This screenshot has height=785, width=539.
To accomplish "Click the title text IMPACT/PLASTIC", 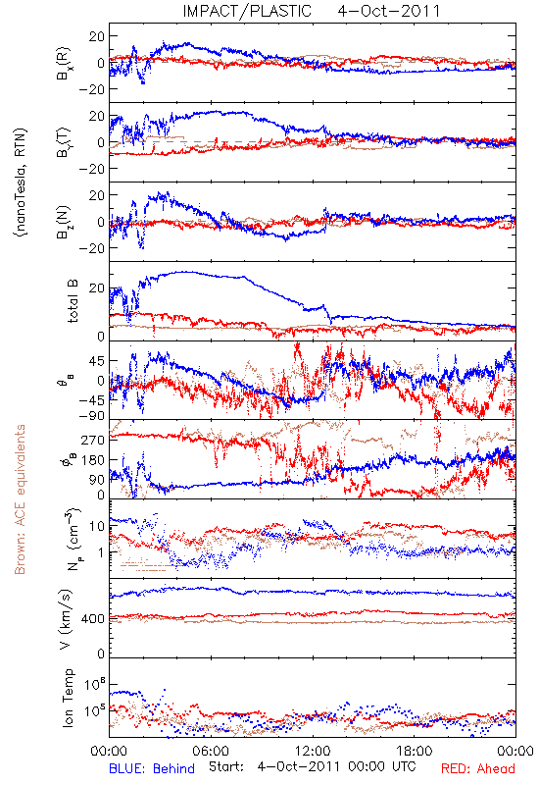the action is click(247, 11).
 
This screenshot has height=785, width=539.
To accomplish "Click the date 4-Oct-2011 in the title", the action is click(389, 11).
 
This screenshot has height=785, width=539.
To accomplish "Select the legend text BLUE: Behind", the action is click(152, 768).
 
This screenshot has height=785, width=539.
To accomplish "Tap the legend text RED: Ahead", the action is click(477, 768).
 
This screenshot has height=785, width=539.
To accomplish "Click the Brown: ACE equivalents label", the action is click(20, 499).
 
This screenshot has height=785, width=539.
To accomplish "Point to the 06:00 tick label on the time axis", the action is click(211, 751).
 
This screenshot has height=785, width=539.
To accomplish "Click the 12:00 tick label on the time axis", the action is click(313, 751).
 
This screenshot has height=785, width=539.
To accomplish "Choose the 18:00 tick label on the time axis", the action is click(415, 751).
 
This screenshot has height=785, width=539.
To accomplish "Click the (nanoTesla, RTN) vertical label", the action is click(21, 183).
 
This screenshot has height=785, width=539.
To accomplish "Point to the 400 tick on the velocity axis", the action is click(93, 619).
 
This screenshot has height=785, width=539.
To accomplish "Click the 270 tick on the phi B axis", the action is click(93, 440).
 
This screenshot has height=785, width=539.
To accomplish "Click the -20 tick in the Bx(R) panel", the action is click(92, 89).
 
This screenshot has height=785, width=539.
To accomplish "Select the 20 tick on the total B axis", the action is click(97, 288).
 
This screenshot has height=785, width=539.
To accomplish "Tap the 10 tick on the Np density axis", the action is click(97, 526).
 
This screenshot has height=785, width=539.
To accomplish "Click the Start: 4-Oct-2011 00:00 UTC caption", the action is click(311, 767).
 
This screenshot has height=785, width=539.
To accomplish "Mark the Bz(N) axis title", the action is click(64, 222).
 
